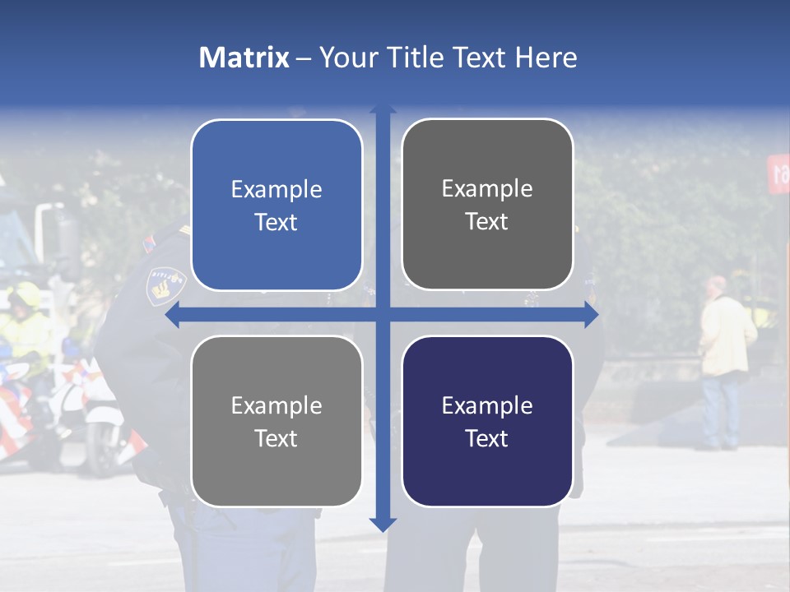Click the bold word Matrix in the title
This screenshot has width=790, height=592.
pyautogui.click(x=244, y=58)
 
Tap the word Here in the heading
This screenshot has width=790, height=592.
pyautogui.click(x=546, y=58)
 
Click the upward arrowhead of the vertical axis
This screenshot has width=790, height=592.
pyautogui.click(x=383, y=109)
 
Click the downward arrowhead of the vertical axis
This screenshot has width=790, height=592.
pyautogui.click(x=383, y=524)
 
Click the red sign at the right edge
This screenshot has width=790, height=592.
pyautogui.click(x=778, y=173)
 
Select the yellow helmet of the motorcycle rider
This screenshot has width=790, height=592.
pyautogui.click(x=24, y=294)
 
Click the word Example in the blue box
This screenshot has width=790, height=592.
pyautogui.click(x=276, y=190)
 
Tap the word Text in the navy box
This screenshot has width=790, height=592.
pyautogui.click(x=487, y=438)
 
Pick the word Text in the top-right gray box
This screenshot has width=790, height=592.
pyautogui.click(x=487, y=221)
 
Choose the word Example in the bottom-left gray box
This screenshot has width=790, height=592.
pyautogui.click(x=276, y=406)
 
